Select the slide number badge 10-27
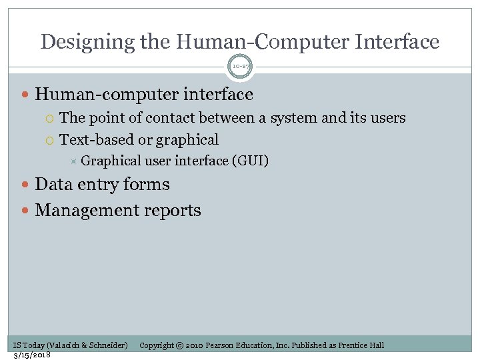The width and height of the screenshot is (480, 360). pyautogui.click(x=240, y=67)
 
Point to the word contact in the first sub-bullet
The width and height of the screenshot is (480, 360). pyautogui.click(x=175, y=118)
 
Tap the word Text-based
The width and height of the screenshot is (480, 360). pyautogui.click(x=97, y=140)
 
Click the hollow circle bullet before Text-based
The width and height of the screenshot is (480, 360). pyautogui.click(x=51, y=141)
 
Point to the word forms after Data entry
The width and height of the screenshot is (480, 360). pyautogui.click(x=147, y=185)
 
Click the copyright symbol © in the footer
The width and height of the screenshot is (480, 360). pyautogui.click(x=179, y=345)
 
